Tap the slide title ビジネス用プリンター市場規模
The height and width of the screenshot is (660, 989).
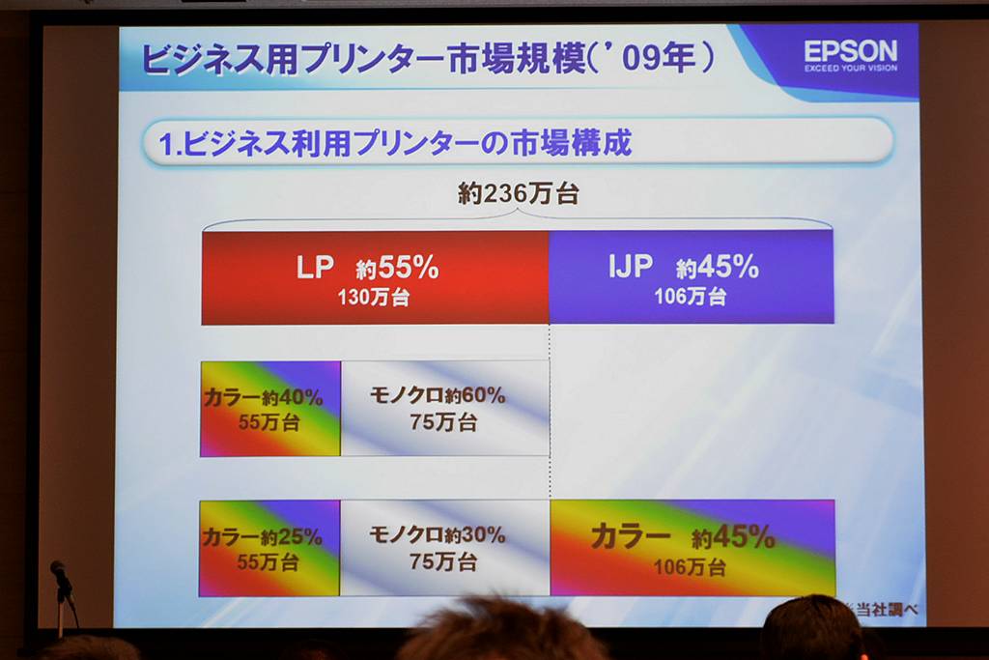pyautogui.click(x=363, y=60)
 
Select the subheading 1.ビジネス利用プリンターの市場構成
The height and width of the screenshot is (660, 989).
pyautogui.click(x=395, y=143)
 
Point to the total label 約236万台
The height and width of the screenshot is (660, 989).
pyautogui.click(x=518, y=193)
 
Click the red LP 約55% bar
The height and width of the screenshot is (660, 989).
pyautogui.click(x=376, y=277)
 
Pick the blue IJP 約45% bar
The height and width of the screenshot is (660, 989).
pyautogui.click(x=692, y=277)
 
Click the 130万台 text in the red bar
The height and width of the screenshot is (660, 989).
pyautogui.click(x=374, y=298)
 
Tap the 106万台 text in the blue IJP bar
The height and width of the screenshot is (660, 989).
pyautogui.click(x=690, y=296)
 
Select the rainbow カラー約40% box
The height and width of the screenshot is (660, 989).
pyautogui.click(x=270, y=409)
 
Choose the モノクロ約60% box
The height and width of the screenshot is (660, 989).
pyautogui.click(x=445, y=408)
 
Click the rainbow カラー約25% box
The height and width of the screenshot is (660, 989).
pyautogui.click(x=269, y=548)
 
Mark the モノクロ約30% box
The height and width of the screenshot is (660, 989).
pyautogui.click(x=444, y=548)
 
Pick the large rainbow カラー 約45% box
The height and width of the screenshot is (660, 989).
pyautogui.click(x=692, y=548)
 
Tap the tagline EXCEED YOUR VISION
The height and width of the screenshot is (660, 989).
pyautogui.click(x=850, y=68)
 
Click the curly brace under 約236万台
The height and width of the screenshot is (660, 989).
pyautogui.click(x=518, y=219)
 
